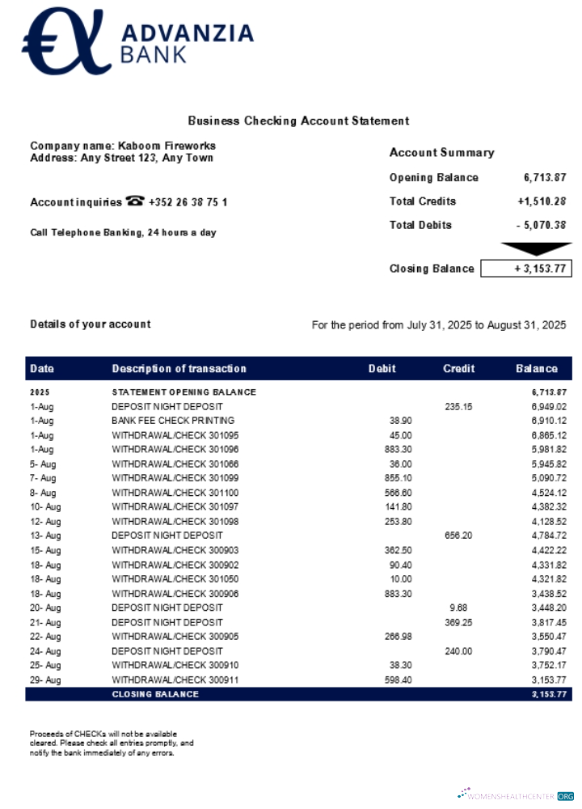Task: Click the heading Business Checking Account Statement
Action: coord(298,121)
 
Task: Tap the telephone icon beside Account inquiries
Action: coord(135,201)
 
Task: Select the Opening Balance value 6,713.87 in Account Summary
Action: coord(545,177)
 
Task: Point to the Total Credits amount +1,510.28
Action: coord(542,201)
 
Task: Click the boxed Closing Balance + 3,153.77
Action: coord(526,269)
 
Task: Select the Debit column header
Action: coord(382,369)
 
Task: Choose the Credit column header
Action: coord(458,369)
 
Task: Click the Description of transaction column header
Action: coord(179,369)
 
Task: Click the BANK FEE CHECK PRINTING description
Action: coord(173,421)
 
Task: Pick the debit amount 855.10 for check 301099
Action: coord(398,478)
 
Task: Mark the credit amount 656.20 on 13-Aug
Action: coord(458,536)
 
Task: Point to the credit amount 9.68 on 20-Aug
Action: coord(458,608)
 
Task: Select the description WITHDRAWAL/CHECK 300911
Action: coord(175,680)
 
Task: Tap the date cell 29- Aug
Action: coord(45,680)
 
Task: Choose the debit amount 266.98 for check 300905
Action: coord(398,637)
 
